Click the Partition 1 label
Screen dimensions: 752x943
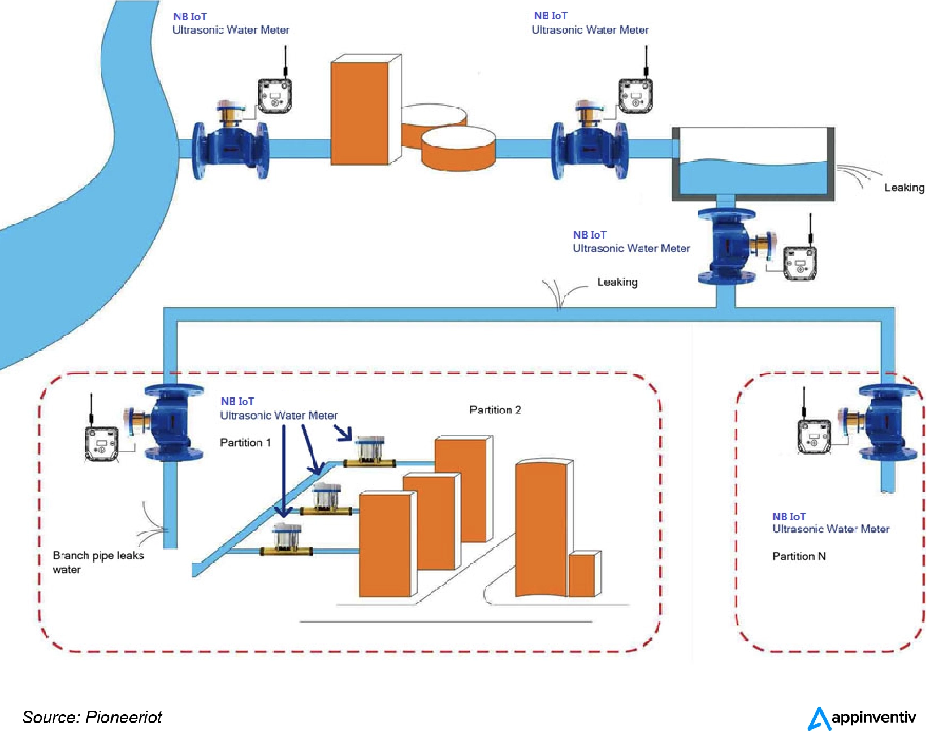[x=245, y=443]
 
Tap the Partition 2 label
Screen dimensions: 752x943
[x=495, y=410]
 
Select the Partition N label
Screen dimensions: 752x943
[x=799, y=556]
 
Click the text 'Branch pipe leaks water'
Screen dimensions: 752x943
[x=98, y=562]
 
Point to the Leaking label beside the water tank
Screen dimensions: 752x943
[x=904, y=188]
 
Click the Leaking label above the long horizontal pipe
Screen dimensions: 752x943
[x=617, y=282]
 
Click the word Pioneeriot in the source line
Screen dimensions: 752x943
[x=123, y=718]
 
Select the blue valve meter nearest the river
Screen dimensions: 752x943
[x=231, y=146]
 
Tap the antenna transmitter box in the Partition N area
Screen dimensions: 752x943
[x=814, y=436]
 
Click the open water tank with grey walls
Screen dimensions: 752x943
[x=753, y=164]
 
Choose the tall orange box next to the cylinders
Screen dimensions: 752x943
[x=360, y=113]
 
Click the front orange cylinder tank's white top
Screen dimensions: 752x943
[x=458, y=138]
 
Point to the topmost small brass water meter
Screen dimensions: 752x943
[x=370, y=452]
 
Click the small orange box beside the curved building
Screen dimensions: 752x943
[x=582, y=575]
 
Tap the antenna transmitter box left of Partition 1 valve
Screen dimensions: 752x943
[x=101, y=443]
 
